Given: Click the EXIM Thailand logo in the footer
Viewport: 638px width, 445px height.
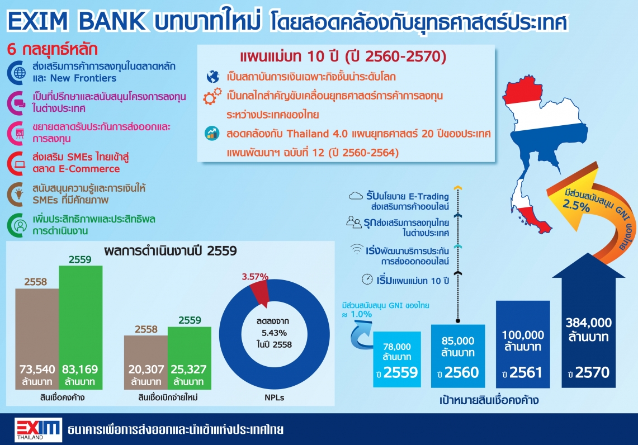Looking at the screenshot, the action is (38, 429).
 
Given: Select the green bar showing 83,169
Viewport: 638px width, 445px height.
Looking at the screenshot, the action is (81, 328).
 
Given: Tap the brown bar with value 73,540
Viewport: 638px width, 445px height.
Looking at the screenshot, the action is (37, 339).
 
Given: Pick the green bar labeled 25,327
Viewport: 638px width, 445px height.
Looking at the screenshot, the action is (189, 358).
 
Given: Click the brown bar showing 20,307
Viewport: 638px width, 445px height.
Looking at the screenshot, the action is (146, 362).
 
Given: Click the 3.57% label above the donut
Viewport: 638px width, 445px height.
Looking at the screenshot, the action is (255, 277).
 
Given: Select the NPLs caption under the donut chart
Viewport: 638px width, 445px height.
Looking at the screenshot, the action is (274, 397).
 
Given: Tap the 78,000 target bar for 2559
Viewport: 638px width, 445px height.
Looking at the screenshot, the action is (396, 359).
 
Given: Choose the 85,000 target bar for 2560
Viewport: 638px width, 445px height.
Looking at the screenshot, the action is (458, 356).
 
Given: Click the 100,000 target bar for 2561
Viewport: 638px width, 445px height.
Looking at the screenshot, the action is (523, 344).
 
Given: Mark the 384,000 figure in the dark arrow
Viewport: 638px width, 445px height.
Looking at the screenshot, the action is (588, 323).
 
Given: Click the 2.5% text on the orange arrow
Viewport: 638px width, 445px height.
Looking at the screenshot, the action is (576, 205).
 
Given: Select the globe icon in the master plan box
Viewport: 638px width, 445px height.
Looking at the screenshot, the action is (213, 77).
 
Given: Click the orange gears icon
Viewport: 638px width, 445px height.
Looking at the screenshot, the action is (212, 96).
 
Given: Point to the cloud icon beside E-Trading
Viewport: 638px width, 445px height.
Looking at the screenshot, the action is (356, 196).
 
